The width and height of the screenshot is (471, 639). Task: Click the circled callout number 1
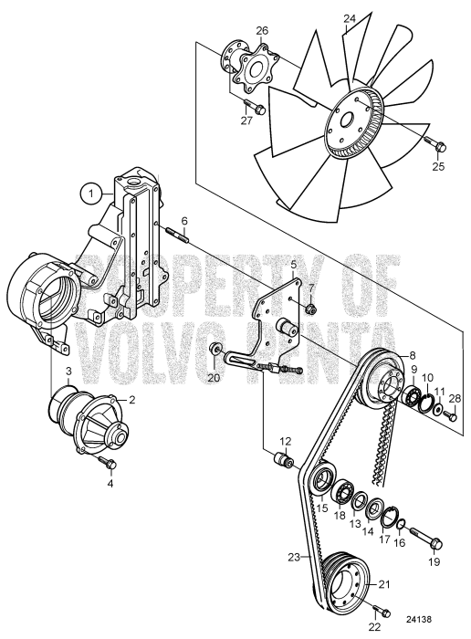[89, 193]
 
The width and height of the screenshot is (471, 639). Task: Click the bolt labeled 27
[257, 110]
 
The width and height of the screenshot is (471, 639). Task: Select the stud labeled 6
[176, 239]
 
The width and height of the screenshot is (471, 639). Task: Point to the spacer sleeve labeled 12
[283, 457]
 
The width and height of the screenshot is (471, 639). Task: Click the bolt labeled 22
[382, 611]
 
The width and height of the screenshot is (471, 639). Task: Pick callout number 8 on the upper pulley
[411, 355]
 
